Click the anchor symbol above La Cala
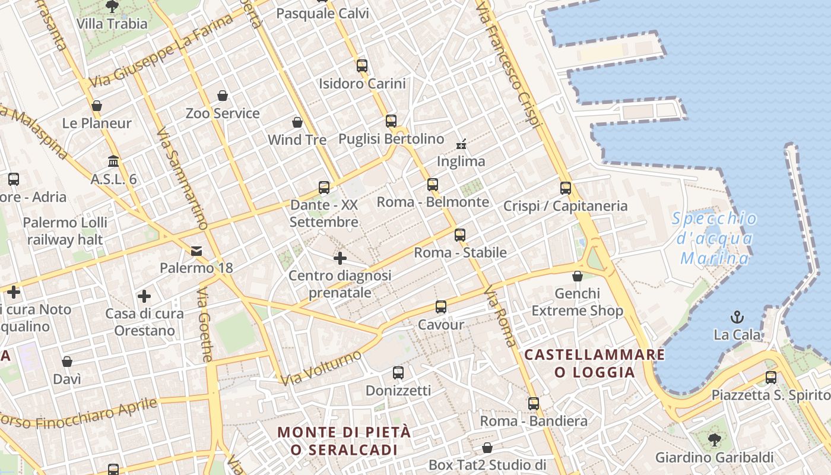pyautogui.click(x=737, y=316)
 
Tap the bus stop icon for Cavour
pyautogui.click(x=440, y=307)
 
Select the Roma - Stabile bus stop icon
pyautogui.click(x=460, y=235)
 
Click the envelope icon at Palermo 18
pyautogui.click(x=196, y=251)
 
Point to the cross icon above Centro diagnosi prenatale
pyautogui.click(x=340, y=258)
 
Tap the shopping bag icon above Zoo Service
pyautogui.click(x=223, y=96)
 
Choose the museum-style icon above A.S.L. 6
pyautogui.click(x=113, y=161)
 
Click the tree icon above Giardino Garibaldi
pyautogui.click(x=714, y=440)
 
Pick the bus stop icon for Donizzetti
pyautogui.click(x=398, y=373)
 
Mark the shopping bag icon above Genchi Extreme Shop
pyautogui.click(x=577, y=276)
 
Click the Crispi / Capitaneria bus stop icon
pyautogui.click(x=566, y=188)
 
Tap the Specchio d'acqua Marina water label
pyautogui.click(x=715, y=239)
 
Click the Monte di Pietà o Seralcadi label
pyautogui.click(x=344, y=441)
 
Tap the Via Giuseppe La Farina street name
pyautogui.click(x=161, y=52)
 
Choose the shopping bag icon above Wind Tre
pyautogui.click(x=297, y=123)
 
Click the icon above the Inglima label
pyautogui.click(x=461, y=144)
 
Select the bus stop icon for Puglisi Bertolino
pyautogui.click(x=391, y=121)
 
